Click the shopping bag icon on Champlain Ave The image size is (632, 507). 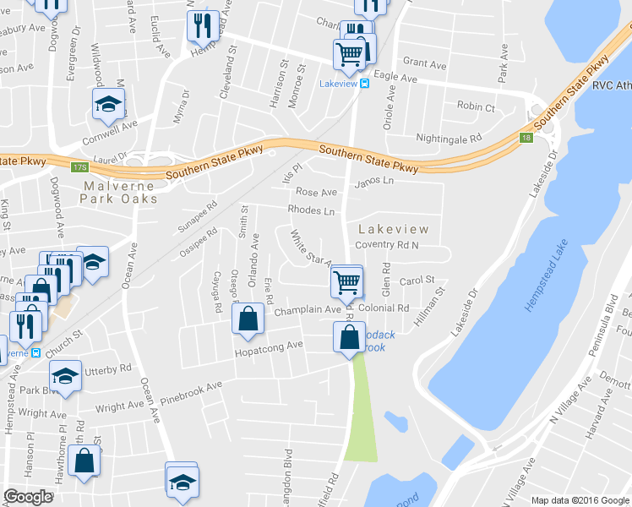pyautogui.click(x=247, y=319)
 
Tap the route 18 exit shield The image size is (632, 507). pyautogui.click(x=526, y=138)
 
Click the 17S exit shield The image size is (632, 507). pyautogui.click(x=80, y=167)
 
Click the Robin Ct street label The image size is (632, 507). pyautogui.click(x=475, y=107)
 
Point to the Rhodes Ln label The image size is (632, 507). pyautogui.click(x=311, y=210)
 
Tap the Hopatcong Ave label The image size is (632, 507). pyautogui.click(x=269, y=346)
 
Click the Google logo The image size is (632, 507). pyautogui.click(x=29, y=497)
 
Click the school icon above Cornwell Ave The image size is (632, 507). pyautogui.click(x=107, y=105)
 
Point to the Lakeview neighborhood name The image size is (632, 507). pyautogui.click(x=394, y=229)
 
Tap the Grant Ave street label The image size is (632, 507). pyautogui.click(x=424, y=64)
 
